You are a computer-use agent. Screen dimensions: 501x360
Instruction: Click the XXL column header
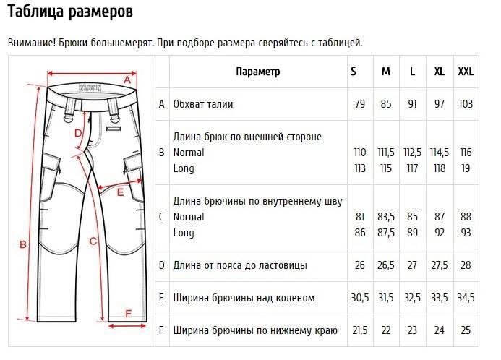click(x=466, y=72)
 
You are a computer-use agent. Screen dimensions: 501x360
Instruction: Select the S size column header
click(x=353, y=72)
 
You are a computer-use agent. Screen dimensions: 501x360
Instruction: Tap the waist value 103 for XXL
click(x=466, y=104)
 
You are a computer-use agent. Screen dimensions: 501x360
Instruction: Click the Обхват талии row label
click(x=203, y=104)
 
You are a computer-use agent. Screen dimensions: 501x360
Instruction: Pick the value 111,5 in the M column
click(x=386, y=153)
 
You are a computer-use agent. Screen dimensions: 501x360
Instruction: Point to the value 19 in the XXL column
click(x=466, y=168)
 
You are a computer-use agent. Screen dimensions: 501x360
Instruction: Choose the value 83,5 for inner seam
click(x=386, y=217)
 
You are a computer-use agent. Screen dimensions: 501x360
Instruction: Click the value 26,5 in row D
click(x=386, y=265)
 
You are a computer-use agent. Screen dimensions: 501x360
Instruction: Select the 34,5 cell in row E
click(x=466, y=298)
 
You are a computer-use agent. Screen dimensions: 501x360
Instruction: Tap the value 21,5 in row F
click(x=360, y=330)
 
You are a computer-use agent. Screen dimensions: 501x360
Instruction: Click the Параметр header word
click(x=258, y=72)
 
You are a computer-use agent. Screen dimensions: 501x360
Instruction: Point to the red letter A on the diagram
click(x=127, y=80)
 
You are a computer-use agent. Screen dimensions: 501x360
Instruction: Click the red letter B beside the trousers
click(x=23, y=244)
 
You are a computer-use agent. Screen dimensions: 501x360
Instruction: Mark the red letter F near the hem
click(x=129, y=314)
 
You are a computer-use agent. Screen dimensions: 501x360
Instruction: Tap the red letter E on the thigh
click(x=120, y=192)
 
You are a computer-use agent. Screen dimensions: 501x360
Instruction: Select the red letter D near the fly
click(x=78, y=133)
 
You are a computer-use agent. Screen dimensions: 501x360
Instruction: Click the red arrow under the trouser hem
click(x=127, y=326)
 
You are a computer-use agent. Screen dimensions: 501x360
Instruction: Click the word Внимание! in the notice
click(x=32, y=43)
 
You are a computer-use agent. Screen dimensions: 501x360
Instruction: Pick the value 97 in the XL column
click(x=440, y=104)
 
